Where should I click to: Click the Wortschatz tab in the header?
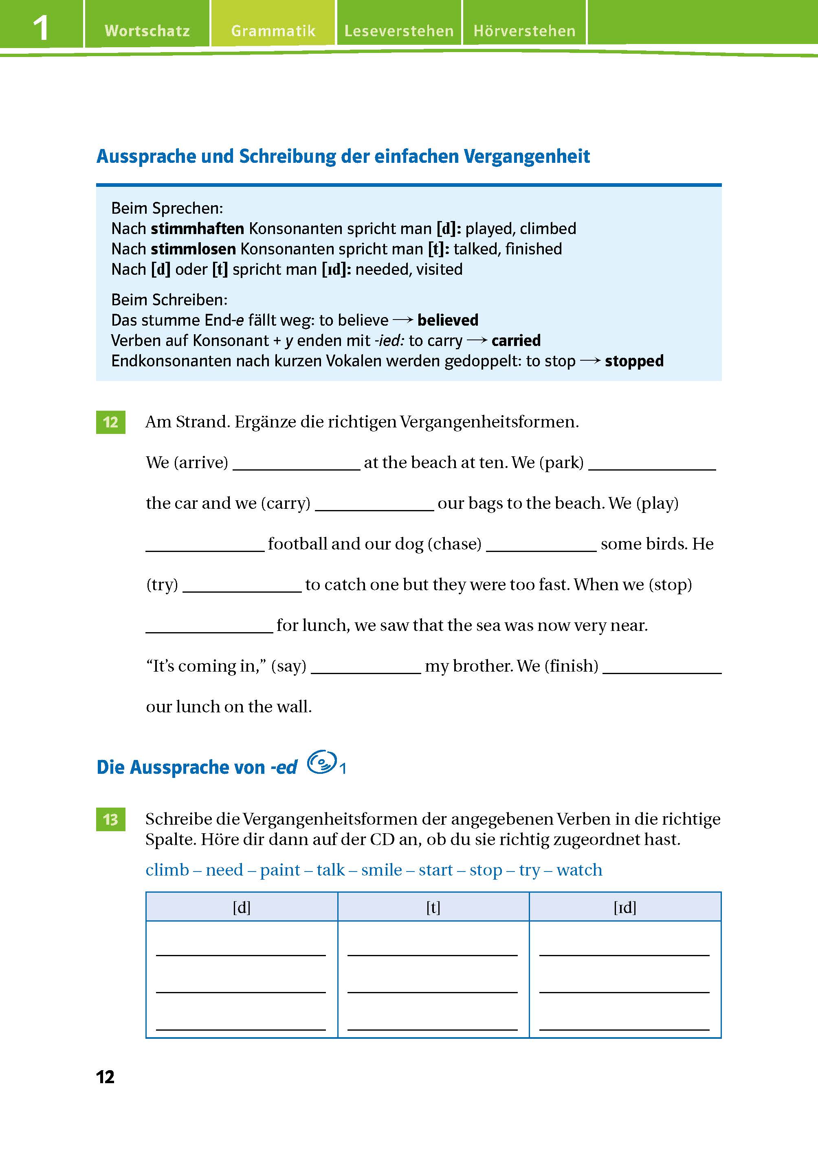[147, 31]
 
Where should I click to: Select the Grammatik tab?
[273, 31]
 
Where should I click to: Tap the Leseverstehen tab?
[399, 31]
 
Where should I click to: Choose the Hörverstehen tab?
[524, 31]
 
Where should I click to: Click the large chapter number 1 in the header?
[41, 28]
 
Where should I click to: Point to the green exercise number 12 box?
[110, 422]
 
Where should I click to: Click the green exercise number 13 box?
[110, 819]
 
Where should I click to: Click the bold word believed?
[448, 320]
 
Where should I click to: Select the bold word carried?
[516, 341]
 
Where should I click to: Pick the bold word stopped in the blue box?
[634, 361]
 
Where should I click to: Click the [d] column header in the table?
[242, 907]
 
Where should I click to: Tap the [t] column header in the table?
[433, 907]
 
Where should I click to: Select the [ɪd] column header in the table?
[625, 907]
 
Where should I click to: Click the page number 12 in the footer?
[105, 1077]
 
